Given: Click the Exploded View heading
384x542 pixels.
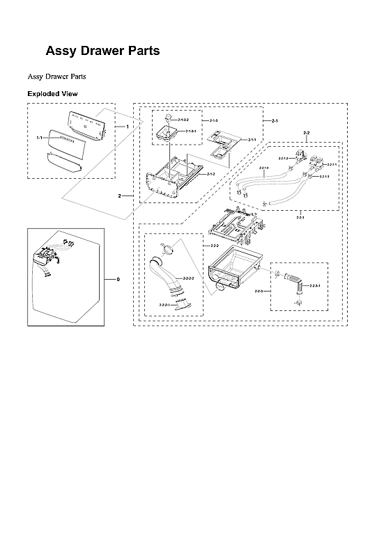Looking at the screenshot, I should tap(52, 93).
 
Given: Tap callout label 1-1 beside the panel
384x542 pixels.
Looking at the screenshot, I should tap(40, 138).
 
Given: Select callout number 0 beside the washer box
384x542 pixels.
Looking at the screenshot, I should tap(118, 279).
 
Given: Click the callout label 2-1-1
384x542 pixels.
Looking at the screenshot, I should tap(252, 140).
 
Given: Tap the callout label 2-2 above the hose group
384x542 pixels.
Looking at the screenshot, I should tap(307, 132).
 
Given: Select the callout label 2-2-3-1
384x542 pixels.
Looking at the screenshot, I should tap(316, 285).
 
